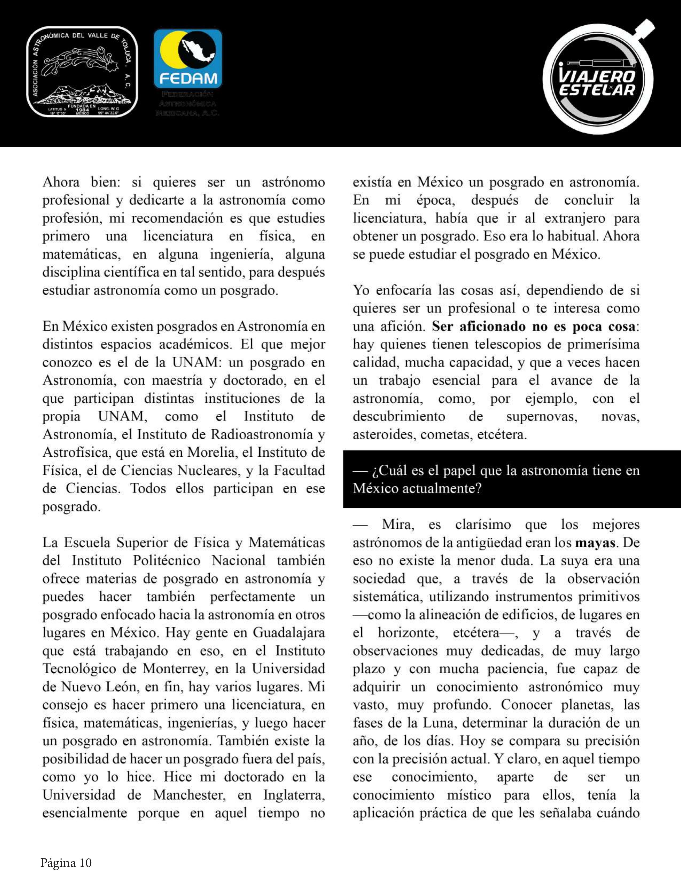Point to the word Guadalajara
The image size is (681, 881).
point(289,633)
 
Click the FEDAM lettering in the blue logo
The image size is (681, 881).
point(188,78)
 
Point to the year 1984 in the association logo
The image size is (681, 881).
point(82,109)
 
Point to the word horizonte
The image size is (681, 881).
point(408,633)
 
